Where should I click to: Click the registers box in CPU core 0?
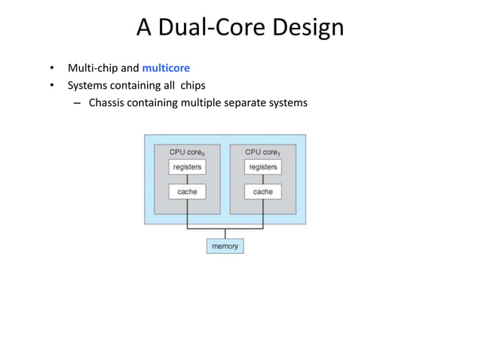(x=187, y=166)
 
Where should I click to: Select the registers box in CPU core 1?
(x=263, y=166)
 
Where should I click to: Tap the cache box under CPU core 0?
(x=187, y=191)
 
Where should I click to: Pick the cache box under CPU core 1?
(x=263, y=191)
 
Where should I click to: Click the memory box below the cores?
(x=225, y=246)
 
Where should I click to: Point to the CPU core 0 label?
(x=188, y=152)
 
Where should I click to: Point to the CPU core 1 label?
(x=263, y=152)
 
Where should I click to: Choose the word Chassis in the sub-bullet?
(x=109, y=102)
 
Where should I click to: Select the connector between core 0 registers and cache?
(x=187, y=179)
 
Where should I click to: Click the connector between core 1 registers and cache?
(x=263, y=179)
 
